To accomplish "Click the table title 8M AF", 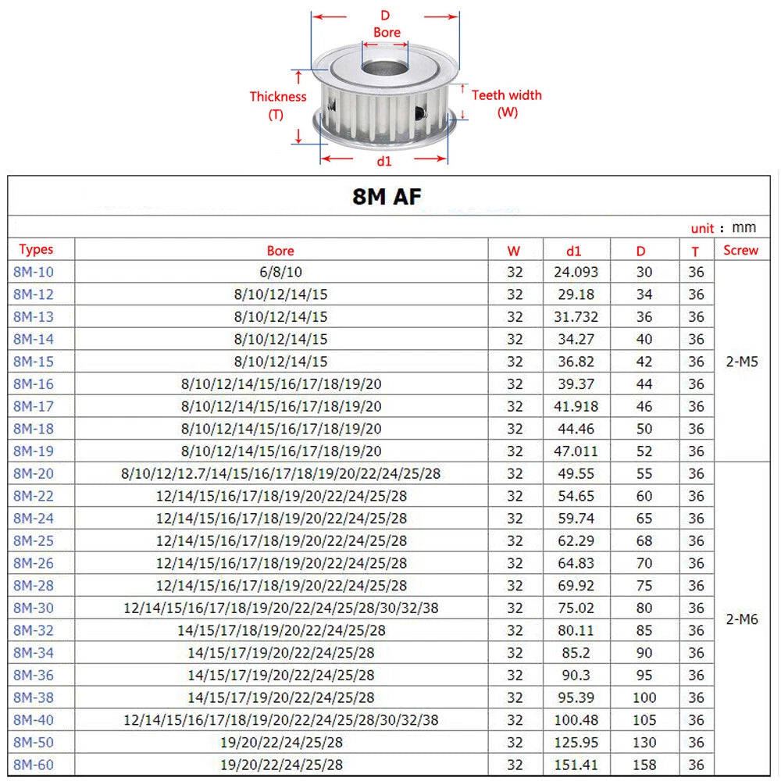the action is tap(387, 197).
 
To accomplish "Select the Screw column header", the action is tap(740, 250).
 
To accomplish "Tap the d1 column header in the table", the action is tap(574, 251).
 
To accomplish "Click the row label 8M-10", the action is tap(34, 272).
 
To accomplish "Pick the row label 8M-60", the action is tap(34, 765).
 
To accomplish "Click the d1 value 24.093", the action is tap(576, 272).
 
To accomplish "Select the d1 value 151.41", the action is tap(576, 765).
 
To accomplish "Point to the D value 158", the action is tap(644, 765).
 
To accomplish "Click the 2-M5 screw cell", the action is tap(742, 362).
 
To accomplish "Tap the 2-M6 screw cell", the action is tap(742, 619).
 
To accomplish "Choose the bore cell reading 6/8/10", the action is tap(281, 272).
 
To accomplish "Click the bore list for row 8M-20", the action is tap(281, 474).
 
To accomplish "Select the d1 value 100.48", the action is tap(576, 720).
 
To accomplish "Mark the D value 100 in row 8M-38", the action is tap(644, 697).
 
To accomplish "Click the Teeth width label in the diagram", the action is tap(507, 95).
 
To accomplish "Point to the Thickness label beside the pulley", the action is tap(278, 97).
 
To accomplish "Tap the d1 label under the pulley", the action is tap(384, 161).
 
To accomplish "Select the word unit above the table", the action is tap(702, 229).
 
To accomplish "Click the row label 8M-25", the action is tap(34, 541).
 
